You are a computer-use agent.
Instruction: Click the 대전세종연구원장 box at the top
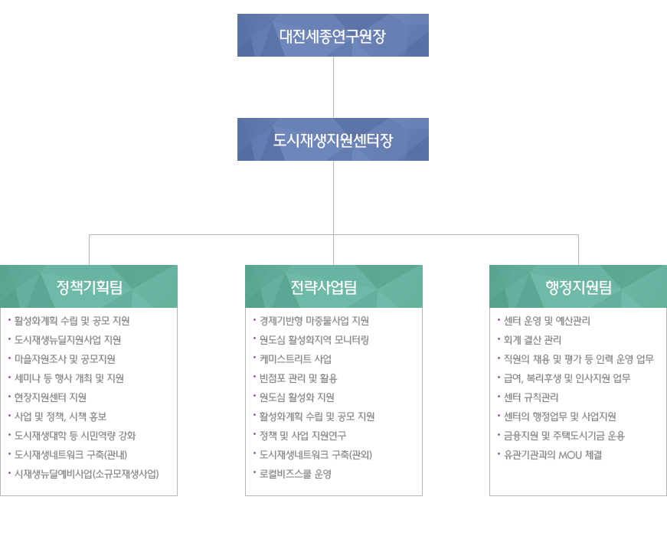[333, 35]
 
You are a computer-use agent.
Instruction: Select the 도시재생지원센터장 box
[333, 139]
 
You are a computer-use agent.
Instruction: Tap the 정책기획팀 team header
[89, 286]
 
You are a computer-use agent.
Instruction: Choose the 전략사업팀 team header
[334, 286]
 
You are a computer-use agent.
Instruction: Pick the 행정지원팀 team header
[578, 286]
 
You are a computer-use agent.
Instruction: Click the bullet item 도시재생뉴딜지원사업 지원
[67, 340]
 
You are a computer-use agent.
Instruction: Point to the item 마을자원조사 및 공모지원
[64, 359]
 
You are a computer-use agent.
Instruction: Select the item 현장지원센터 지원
[51, 397]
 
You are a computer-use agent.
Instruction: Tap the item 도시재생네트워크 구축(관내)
[70, 455]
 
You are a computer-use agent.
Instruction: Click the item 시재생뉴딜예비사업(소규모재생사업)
[87, 474]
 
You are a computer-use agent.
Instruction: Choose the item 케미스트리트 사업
[296, 359]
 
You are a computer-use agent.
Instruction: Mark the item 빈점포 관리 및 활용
[298, 378]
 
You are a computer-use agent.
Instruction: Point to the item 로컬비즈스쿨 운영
[296, 474]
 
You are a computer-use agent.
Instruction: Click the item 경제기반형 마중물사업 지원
[314, 321]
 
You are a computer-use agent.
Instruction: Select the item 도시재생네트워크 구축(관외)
[316, 455]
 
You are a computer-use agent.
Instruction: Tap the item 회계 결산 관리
[532, 340]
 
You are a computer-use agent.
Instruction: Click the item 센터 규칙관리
[531, 397]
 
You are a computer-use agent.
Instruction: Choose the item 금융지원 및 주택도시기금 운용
[564, 436]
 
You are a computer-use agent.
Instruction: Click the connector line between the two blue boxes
[334, 87]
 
